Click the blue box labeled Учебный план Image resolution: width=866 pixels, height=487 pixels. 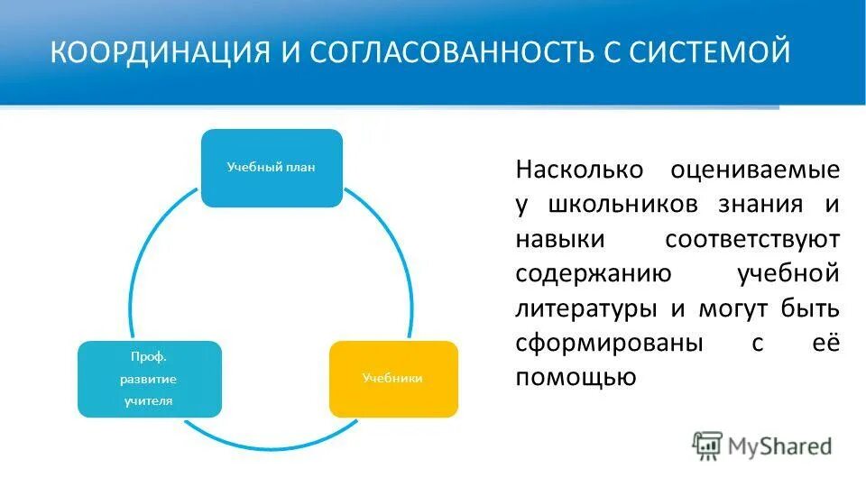tap(271, 168)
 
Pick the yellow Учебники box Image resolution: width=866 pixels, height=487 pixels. tap(392, 379)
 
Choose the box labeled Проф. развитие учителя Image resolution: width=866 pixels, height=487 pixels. tap(149, 379)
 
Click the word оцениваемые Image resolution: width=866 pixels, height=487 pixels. tap(755, 170)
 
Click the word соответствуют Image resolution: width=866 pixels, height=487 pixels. tap(752, 239)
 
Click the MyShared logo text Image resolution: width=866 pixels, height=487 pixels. tap(781, 445)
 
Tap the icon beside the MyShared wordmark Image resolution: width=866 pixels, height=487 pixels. tap(707, 445)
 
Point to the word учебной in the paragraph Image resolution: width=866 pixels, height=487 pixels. tap(788, 273)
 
